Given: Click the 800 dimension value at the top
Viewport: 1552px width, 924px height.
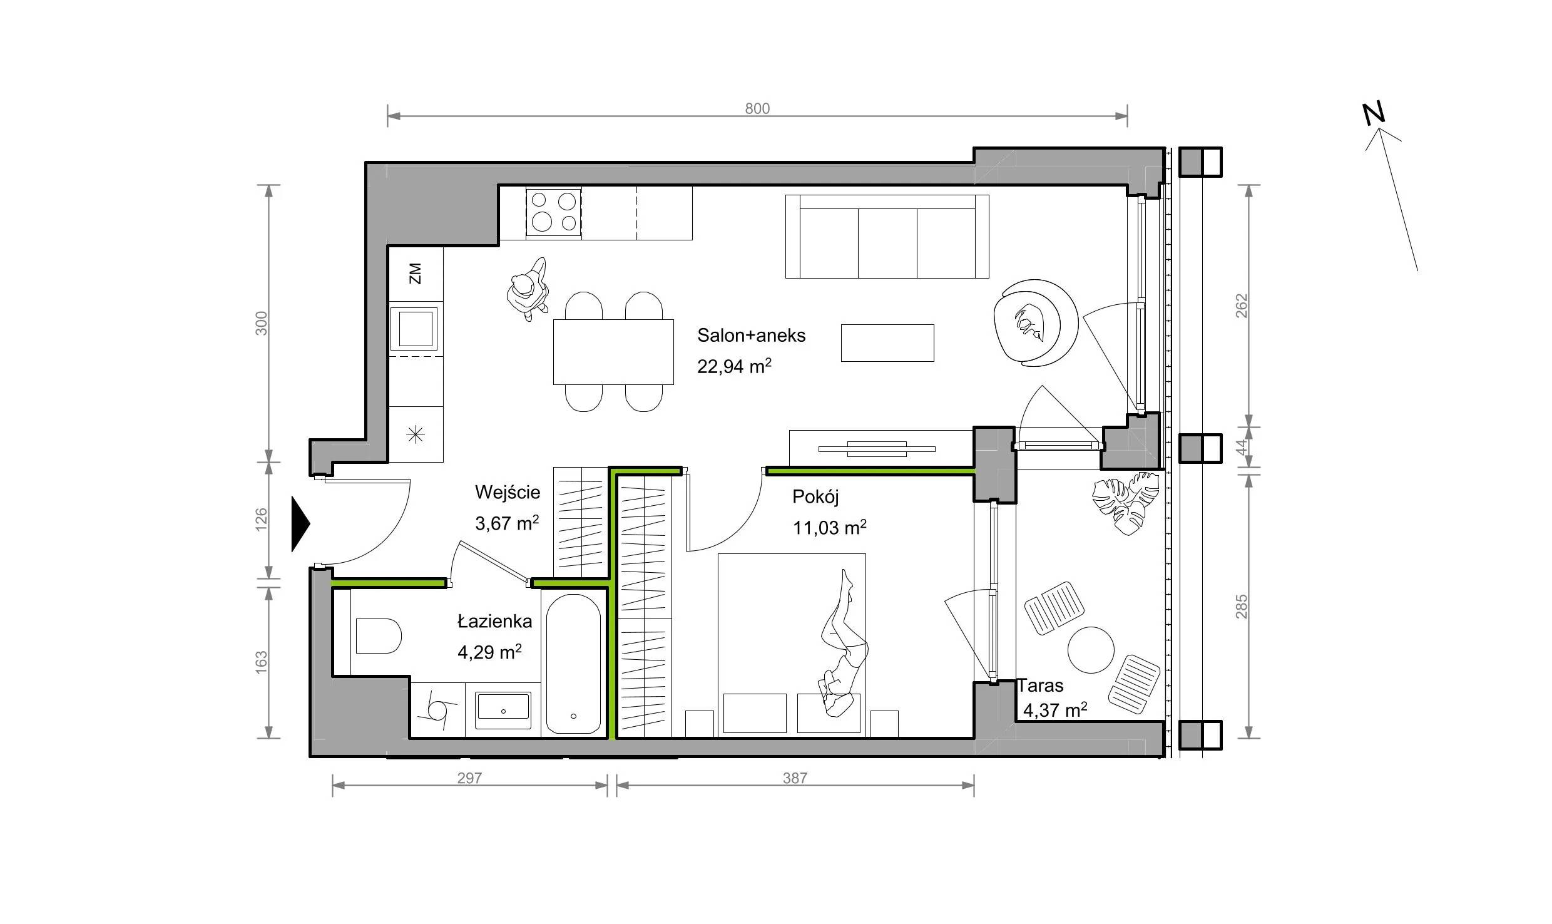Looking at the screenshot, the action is coord(757,108).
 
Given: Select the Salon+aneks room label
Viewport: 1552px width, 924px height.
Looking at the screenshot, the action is coord(751,336).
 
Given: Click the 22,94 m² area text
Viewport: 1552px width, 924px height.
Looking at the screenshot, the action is coord(734,366).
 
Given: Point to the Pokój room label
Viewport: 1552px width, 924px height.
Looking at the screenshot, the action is coord(815,496).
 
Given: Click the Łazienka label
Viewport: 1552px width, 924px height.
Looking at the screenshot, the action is coord(494,621).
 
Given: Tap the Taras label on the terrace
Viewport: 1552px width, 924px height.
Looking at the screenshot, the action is coord(1040,685).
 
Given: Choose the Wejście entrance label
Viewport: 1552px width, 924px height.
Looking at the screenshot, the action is coord(507,493).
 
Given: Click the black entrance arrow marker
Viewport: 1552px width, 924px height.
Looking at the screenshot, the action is coord(300,524).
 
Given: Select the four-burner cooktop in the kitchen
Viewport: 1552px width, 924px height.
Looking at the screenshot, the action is coord(553,212).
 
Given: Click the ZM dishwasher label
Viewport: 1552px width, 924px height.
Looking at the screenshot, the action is coord(415,274).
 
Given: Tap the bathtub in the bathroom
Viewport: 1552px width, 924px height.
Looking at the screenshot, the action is coord(573,664).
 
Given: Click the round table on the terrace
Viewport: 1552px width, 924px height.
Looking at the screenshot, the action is coord(1091,650).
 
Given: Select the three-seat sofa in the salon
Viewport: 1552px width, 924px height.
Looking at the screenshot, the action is coord(887,236).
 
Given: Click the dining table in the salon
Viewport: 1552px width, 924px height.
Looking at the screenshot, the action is coord(613,352).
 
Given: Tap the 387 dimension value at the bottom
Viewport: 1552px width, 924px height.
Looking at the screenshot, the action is coord(795,778).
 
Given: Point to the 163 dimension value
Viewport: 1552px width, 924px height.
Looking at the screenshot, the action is coord(262,662).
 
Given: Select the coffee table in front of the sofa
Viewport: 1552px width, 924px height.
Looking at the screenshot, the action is coord(887,343).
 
